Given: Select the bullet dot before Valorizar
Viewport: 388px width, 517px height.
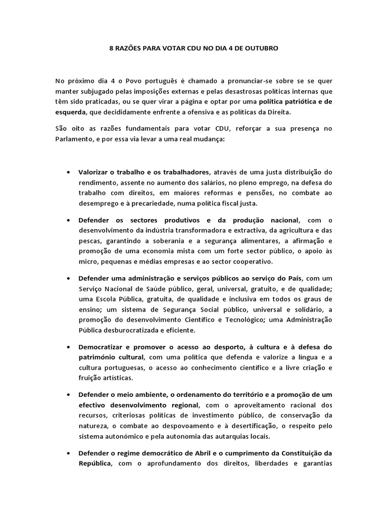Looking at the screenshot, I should tap(68, 172).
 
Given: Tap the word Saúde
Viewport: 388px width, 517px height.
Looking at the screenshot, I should tap(159, 288).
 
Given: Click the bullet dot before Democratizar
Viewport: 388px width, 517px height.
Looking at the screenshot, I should tap(68, 347).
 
